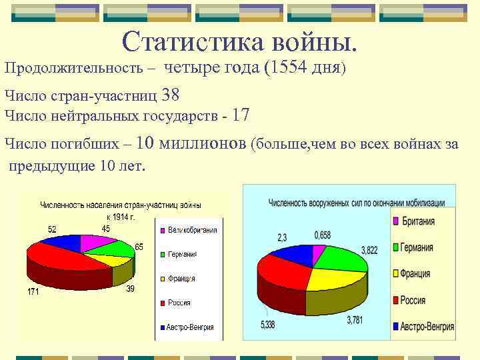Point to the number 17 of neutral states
(241, 115)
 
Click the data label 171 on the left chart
(33, 291)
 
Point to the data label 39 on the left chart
(130, 289)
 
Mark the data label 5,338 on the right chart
(267, 325)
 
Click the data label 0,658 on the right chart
(323, 235)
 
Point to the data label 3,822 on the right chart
(369, 250)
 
